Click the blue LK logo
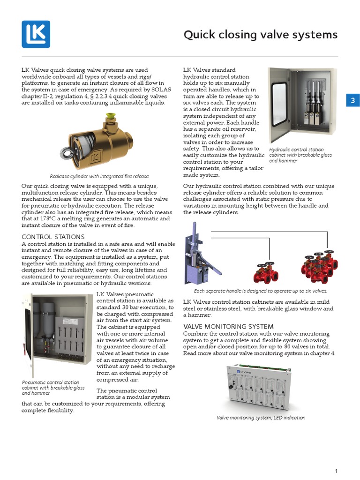(36, 34)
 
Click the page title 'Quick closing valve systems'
(260, 35)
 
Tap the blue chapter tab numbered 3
(353, 100)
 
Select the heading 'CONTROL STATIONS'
(53, 237)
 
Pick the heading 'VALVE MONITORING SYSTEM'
(228, 326)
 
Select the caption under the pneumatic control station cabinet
(53, 388)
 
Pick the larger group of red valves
(319, 268)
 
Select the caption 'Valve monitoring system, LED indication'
(261, 418)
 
